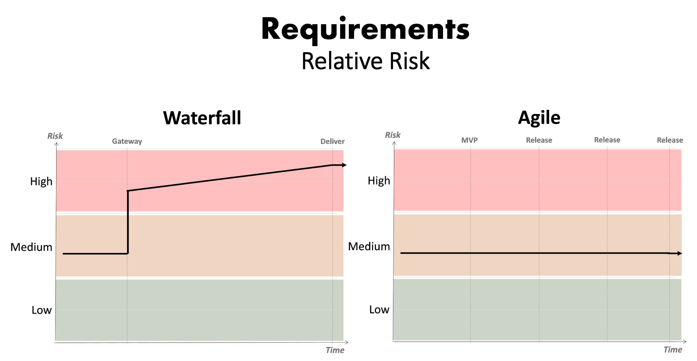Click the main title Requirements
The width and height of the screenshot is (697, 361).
366,30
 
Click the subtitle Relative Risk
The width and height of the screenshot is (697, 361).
366,61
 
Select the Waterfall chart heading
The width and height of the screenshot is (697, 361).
202,118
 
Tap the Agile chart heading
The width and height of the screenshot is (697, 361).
539,118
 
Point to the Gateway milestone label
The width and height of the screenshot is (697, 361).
127,141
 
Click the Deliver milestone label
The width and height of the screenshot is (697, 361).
333,142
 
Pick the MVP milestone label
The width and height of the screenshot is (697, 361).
470,140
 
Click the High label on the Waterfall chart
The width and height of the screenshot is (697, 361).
41,182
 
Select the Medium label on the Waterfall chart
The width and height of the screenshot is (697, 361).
31,247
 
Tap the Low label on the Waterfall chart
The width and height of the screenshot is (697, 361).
42,310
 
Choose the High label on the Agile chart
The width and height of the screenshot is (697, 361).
379,181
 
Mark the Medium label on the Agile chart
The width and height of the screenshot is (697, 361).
369,246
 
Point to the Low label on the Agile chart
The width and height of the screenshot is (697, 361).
379,310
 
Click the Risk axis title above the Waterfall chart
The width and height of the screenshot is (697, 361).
55,136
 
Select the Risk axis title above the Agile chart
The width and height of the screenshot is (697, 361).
393,135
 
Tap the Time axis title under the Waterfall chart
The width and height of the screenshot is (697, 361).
335,350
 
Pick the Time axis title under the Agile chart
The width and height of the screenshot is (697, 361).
673,350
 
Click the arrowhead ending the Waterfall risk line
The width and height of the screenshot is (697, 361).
344,165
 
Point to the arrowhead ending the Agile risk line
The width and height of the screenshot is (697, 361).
680,253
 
